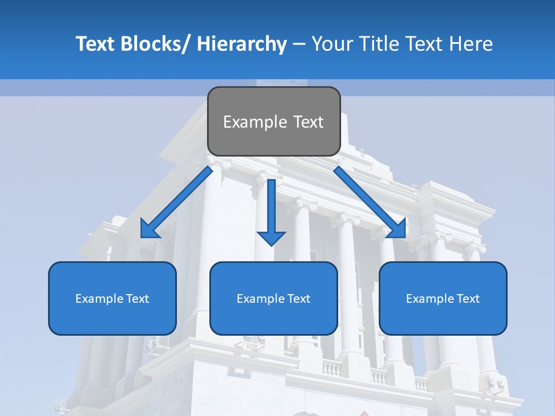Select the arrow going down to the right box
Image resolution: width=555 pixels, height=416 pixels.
pyautogui.click(x=367, y=199)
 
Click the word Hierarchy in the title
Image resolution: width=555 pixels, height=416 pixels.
pyautogui.click(x=242, y=44)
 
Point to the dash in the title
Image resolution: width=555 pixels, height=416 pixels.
pyautogui.click(x=299, y=44)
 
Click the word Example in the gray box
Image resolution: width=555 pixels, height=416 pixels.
pyautogui.click(x=254, y=122)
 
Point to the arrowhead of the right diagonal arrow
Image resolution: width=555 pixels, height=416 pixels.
pyautogui.click(x=398, y=229)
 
